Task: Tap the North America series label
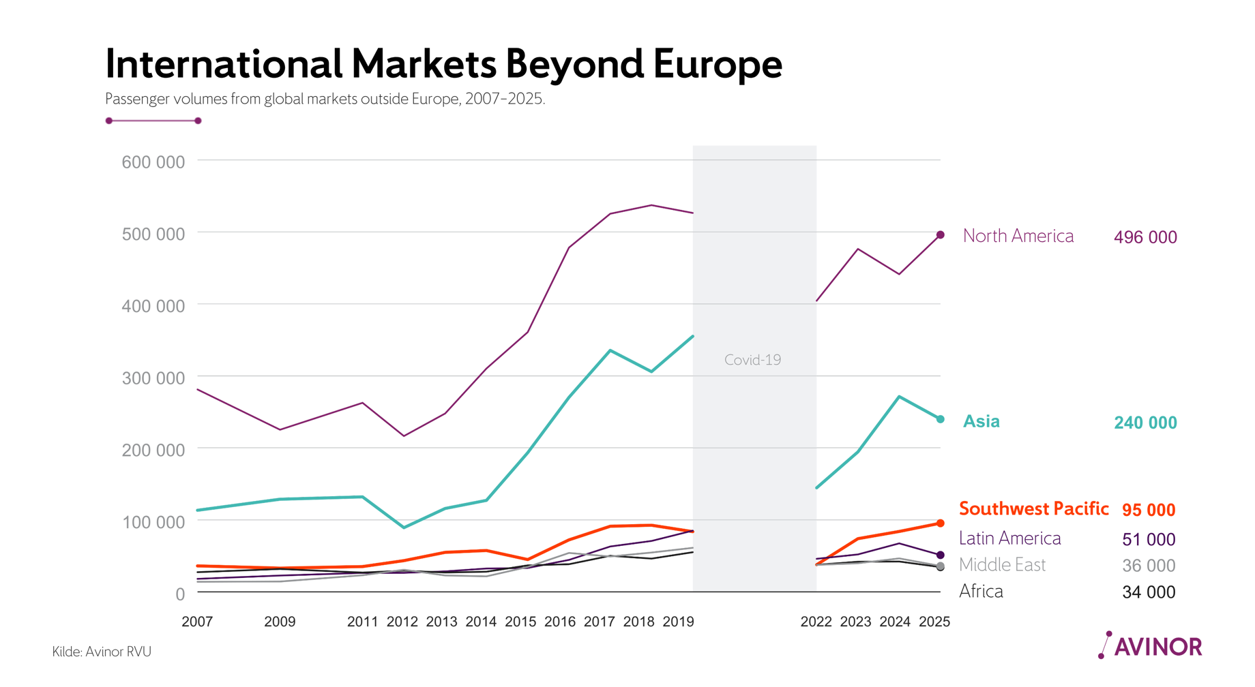coord(1018,236)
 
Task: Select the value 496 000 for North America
coord(1145,237)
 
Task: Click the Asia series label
coord(981,421)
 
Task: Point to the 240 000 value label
coord(1145,423)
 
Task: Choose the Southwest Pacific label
coord(1033,508)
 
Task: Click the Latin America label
coord(1009,538)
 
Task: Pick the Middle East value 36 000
coord(1149,566)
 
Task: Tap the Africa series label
coord(981,591)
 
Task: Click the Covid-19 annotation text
coord(752,360)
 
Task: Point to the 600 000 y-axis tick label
coord(153,162)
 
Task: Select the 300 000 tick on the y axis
coord(153,378)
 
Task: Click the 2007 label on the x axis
coord(197,622)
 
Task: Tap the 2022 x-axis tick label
coord(816,622)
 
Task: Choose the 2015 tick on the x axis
coord(520,622)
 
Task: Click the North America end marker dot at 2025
coord(940,235)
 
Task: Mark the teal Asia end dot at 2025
coord(940,419)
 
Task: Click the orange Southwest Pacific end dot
coord(940,523)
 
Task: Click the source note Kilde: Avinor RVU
coord(102,652)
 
